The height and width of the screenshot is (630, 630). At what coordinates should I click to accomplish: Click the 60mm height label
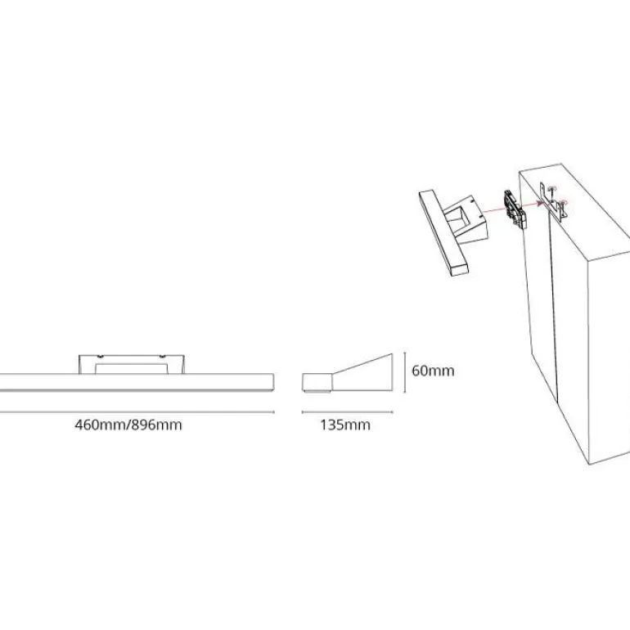pos(433,371)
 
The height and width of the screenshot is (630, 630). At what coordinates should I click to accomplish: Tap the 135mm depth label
pos(345,425)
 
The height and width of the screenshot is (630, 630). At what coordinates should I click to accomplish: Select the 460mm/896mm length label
pos(128,425)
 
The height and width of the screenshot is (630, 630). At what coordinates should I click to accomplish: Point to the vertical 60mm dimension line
pos(405,371)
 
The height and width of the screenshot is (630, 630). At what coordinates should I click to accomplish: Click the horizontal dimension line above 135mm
pos(347,412)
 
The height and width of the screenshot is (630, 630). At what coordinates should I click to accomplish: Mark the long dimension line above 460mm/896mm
pos(137,412)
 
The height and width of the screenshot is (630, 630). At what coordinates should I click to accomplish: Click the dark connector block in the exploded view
pos(515,209)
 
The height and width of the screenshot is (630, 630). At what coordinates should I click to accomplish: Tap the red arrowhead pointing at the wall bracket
pos(539,203)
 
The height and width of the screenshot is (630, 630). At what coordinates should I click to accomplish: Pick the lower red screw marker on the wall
pos(564,202)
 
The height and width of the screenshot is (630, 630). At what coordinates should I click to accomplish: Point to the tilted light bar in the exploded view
pos(443,233)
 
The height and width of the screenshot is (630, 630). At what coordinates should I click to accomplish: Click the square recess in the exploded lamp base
pos(461,218)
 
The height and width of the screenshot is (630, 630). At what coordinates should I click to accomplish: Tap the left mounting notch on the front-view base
pos(101,357)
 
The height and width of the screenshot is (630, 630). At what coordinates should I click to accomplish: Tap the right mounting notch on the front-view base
pos(162,357)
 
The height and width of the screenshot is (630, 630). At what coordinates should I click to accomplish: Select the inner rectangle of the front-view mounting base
pos(132,369)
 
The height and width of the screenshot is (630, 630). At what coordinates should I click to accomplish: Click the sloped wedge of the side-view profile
pos(362,372)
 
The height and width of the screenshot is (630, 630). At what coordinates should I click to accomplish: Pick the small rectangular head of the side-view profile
pos(317,383)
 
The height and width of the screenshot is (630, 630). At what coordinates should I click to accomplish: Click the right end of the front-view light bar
pos(273,382)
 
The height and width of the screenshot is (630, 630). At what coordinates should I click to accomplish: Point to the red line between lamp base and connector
pos(494,209)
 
